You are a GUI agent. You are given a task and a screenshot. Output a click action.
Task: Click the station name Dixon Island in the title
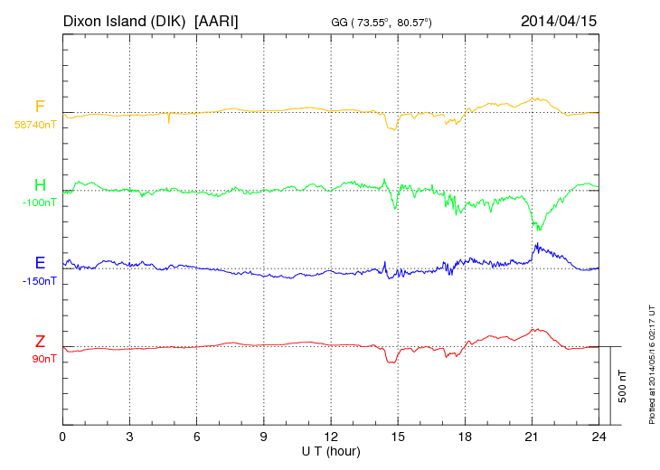tap(125, 19)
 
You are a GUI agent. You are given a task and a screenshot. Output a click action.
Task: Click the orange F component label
tap(40, 108)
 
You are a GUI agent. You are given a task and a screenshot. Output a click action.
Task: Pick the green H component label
tap(40, 185)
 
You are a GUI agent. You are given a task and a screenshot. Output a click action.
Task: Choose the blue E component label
tap(40, 263)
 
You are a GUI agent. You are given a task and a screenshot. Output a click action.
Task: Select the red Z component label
tap(40, 341)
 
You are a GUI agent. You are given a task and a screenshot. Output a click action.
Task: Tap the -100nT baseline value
tap(39, 202)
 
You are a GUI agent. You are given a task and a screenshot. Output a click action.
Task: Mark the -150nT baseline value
tap(39, 280)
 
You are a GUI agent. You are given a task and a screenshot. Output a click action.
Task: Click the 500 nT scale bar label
tap(623, 386)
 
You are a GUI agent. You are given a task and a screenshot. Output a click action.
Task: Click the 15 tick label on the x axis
tap(397, 436)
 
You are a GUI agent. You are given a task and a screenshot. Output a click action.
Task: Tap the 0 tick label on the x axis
tap(62, 436)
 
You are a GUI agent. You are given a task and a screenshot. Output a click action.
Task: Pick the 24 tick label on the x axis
tap(598, 436)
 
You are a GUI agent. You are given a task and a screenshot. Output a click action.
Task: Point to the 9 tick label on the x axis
tap(263, 436)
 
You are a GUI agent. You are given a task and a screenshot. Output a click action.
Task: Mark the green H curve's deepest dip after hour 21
tap(539, 230)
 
